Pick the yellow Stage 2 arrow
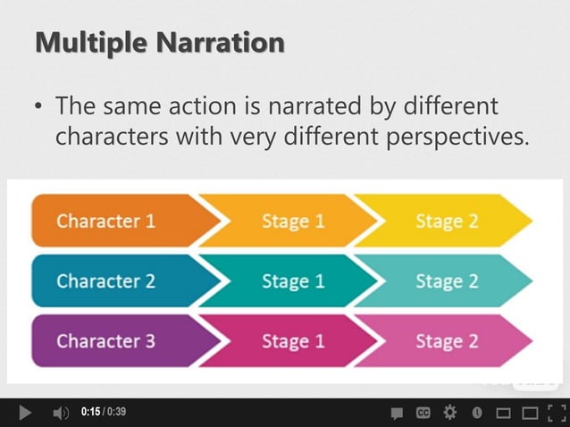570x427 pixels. click(447, 221)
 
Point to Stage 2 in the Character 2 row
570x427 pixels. click(447, 280)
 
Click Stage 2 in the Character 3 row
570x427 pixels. click(447, 340)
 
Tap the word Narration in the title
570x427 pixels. click(224, 42)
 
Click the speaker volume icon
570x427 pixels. click(61, 413)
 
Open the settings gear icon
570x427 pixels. click(449, 413)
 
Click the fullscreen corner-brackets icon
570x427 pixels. click(557, 413)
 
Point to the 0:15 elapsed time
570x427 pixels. click(89, 413)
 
